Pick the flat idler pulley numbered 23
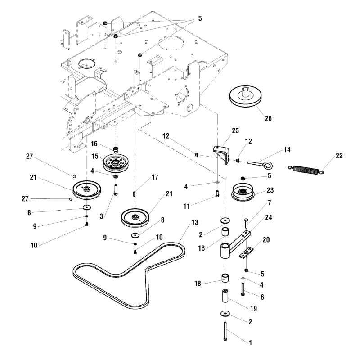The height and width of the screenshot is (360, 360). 244,193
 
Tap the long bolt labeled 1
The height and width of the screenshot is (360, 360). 225,333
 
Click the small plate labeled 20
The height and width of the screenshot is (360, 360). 245,253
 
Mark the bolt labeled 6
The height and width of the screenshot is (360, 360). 243,288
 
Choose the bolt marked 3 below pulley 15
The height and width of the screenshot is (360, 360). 116,186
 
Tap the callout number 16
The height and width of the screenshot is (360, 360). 94,144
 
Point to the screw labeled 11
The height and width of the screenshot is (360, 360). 217,194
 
